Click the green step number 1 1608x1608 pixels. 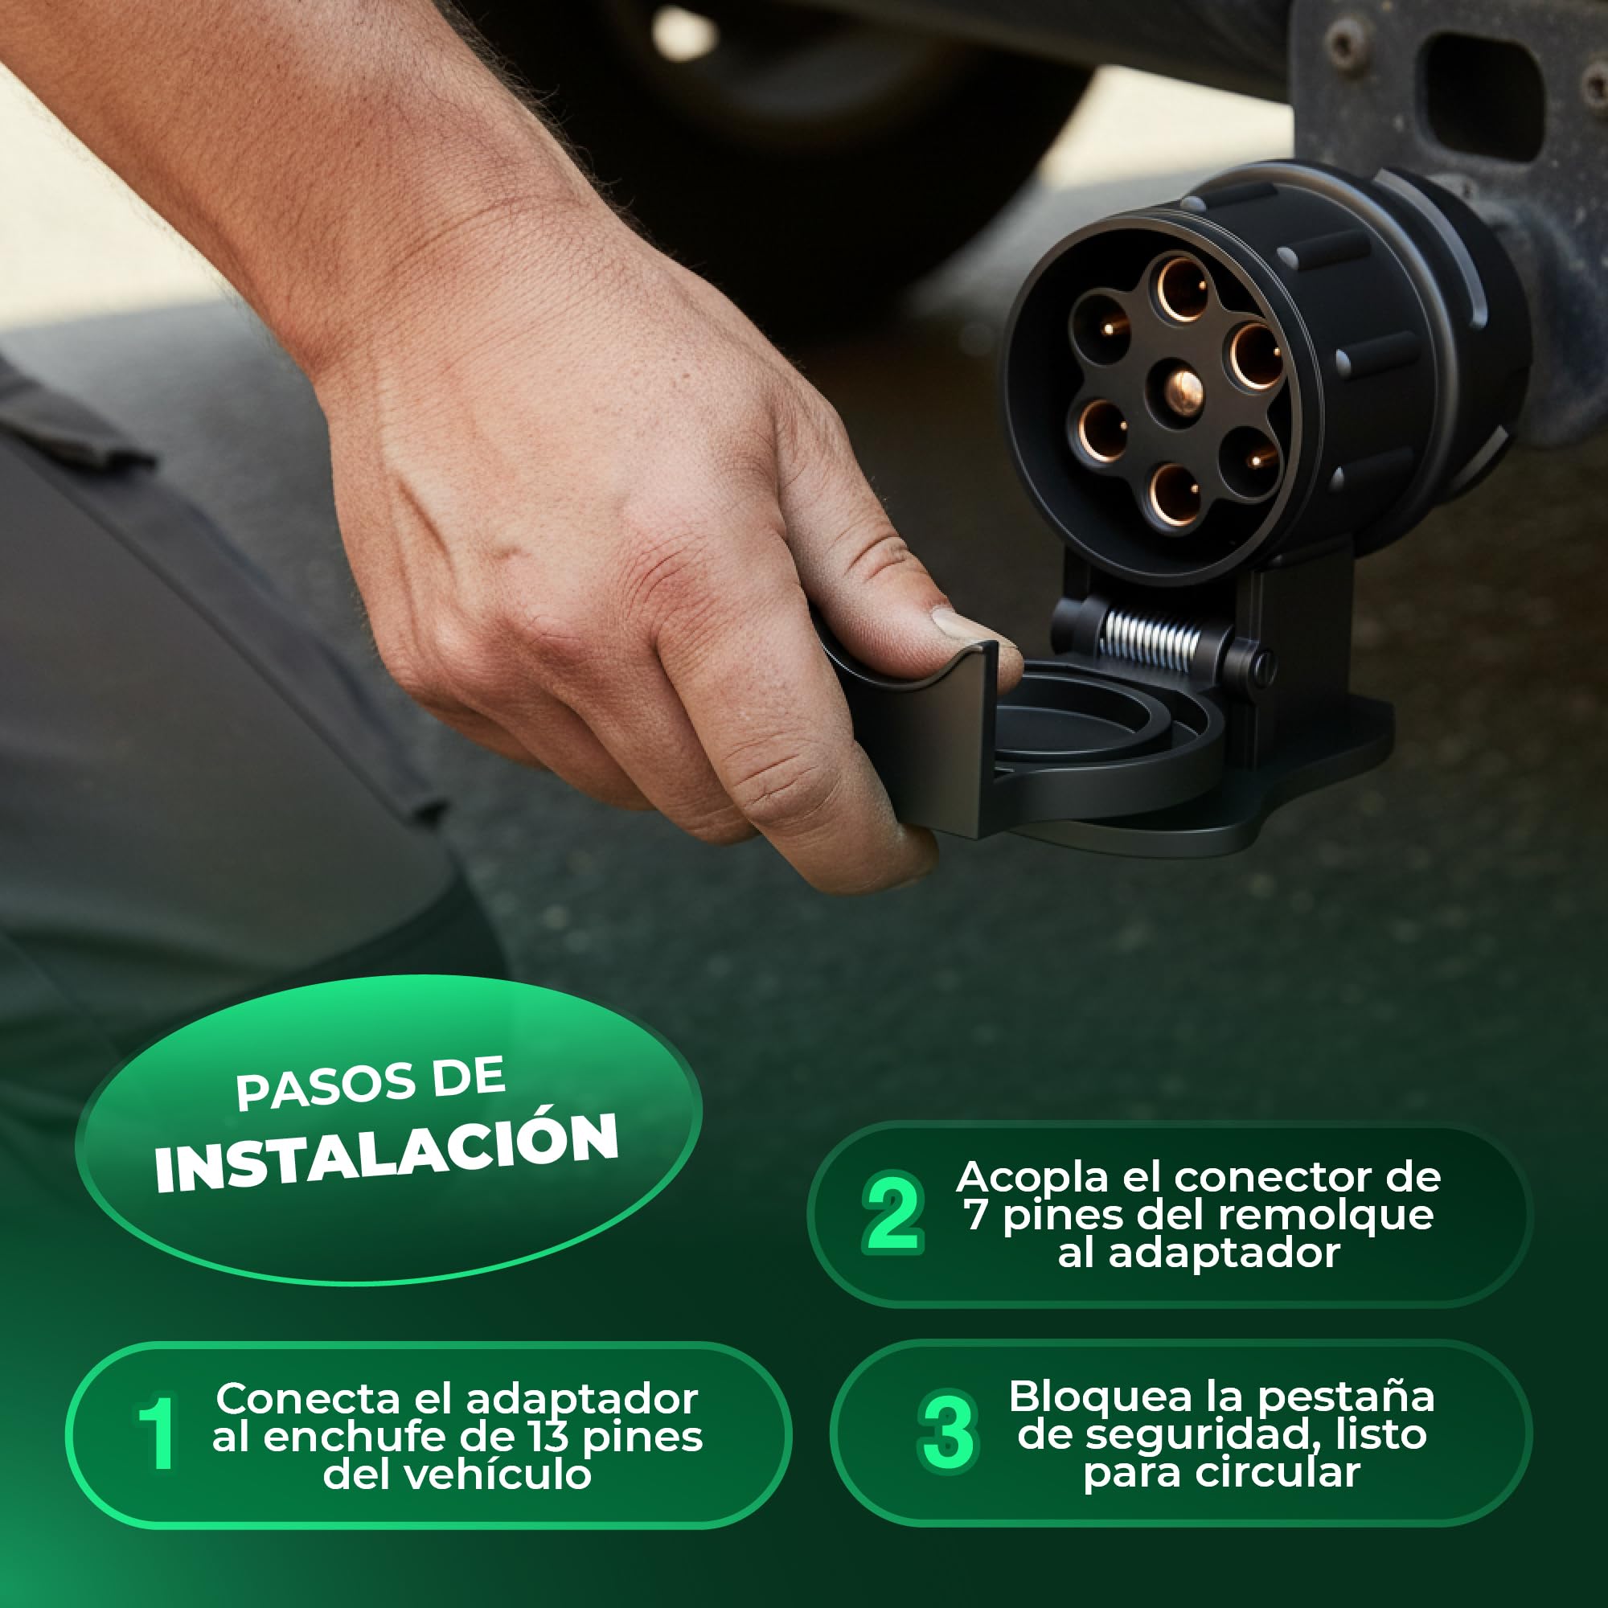[x=156, y=1434]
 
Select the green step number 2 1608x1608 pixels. [x=892, y=1214]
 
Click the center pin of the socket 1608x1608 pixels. [x=1183, y=388]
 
